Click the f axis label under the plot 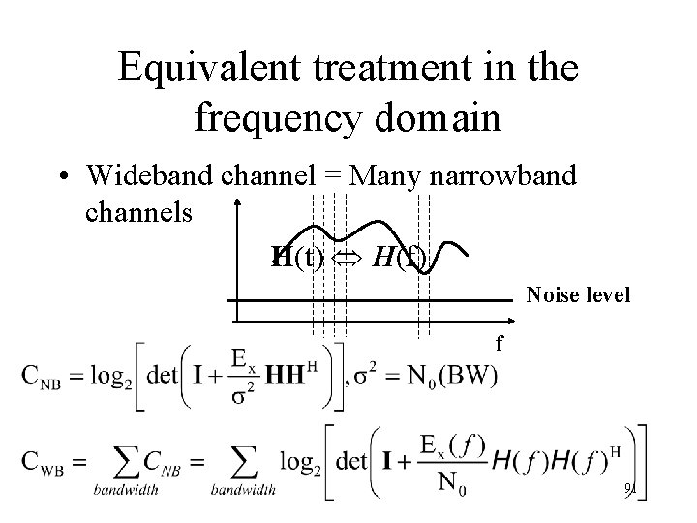pos(499,342)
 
